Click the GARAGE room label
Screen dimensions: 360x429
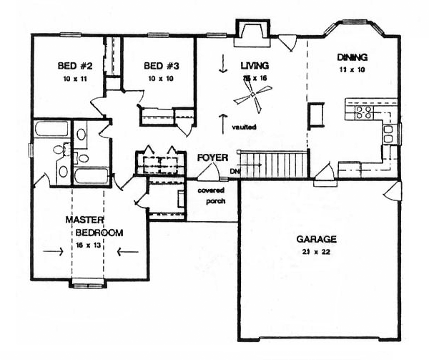coord(317,239)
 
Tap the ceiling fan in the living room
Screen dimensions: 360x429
coord(254,92)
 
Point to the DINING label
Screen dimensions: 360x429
coord(352,57)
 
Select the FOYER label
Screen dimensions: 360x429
coord(213,157)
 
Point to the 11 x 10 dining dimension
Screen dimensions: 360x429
coord(352,70)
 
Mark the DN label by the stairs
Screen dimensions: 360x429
coord(235,172)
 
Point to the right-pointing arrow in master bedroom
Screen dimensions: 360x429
coord(52,251)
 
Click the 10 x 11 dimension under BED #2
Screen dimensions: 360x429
coord(71,79)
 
